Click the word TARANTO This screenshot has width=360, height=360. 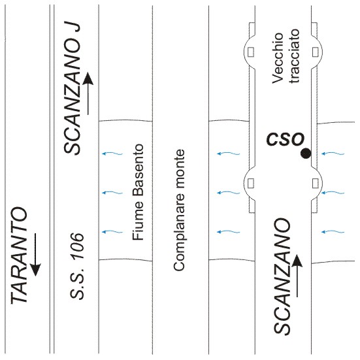click(x=19, y=256)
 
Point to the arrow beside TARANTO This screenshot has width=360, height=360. click(x=36, y=255)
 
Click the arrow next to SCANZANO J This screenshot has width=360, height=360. click(x=88, y=93)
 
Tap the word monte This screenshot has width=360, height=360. click(x=179, y=171)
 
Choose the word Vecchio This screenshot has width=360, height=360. click(x=277, y=58)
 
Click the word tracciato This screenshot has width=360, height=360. click(x=295, y=56)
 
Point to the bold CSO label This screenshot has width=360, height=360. click(x=286, y=139)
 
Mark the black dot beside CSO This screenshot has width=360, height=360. click(x=306, y=154)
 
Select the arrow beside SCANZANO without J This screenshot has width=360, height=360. click(x=297, y=276)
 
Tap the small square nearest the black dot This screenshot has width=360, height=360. click(x=316, y=184)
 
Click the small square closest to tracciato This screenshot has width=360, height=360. click(x=316, y=52)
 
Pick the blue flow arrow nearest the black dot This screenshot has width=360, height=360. click(x=333, y=154)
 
